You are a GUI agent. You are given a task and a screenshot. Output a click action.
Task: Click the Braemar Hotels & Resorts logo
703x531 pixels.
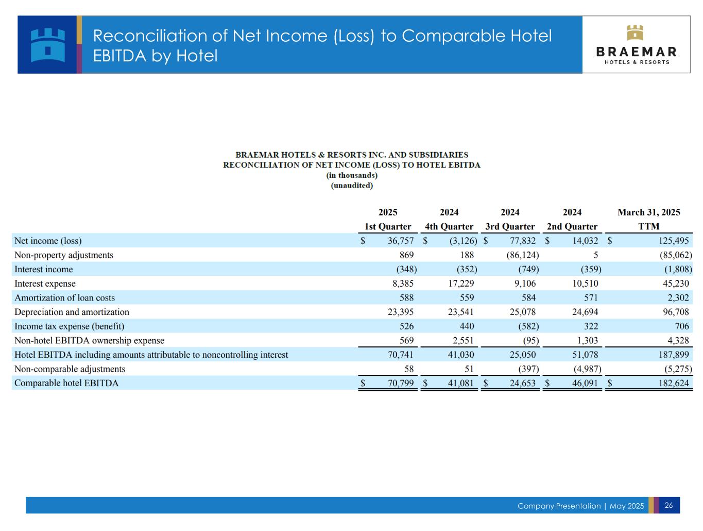click(636, 45)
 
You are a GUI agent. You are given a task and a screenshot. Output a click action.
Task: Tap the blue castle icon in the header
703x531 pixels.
click(47, 45)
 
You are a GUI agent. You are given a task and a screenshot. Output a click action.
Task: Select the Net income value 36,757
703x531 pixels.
click(400, 241)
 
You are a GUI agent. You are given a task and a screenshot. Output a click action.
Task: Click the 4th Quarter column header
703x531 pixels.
click(449, 226)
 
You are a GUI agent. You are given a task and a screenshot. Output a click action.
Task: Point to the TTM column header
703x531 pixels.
click(648, 226)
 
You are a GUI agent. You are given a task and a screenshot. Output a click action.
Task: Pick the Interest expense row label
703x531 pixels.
click(45, 284)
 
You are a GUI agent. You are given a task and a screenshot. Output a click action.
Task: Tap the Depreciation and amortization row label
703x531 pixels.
click(72, 312)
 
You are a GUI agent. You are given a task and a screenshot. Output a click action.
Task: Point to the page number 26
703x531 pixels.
click(668, 505)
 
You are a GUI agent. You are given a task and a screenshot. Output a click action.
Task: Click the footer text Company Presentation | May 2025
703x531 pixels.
click(580, 506)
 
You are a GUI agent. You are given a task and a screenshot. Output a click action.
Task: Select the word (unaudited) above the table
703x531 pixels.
click(352, 186)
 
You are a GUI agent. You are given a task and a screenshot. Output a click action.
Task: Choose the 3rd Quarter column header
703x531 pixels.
click(510, 226)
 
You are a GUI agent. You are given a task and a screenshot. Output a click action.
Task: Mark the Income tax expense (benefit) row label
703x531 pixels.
click(69, 326)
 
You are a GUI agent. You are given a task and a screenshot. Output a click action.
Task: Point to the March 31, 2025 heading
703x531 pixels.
click(648, 212)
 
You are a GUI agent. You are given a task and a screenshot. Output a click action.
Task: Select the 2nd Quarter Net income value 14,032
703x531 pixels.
click(585, 241)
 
